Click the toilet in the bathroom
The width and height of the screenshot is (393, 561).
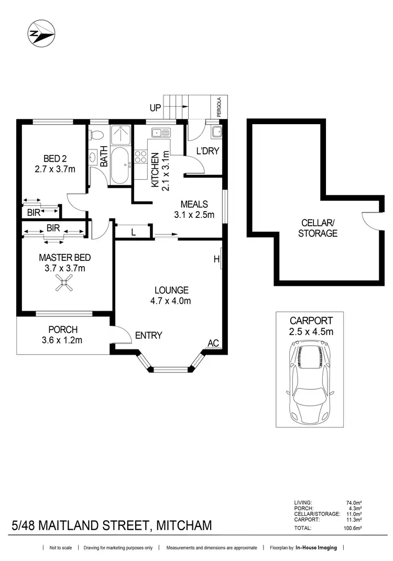pos(95,135)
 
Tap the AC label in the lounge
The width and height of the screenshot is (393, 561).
pos(213,343)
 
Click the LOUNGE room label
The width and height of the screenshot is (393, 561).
pos(171,290)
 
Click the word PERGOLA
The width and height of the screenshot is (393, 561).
pos(219,107)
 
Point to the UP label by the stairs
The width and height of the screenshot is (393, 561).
pos(155,108)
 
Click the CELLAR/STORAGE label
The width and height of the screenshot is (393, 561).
pos(318,228)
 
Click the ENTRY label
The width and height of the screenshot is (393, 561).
pos(148,335)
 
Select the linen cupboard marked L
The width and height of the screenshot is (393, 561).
pos(133,232)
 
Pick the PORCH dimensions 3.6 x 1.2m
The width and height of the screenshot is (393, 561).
pos(63,340)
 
